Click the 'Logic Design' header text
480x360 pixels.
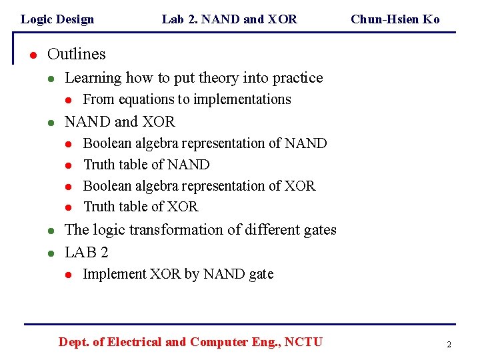click(57, 19)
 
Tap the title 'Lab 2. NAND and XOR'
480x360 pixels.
click(229, 19)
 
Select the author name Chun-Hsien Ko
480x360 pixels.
click(395, 19)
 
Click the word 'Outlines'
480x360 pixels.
click(77, 54)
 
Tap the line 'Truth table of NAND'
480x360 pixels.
click(146, 165)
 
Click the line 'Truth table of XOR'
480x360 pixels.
click(141, 207)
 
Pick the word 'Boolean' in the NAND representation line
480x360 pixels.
click(107, 143)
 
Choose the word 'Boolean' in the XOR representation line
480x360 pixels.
click(107, 186)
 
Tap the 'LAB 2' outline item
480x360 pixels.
click(87, 253)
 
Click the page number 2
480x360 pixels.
click(449, 345)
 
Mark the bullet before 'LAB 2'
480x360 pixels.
click(51, 253)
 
